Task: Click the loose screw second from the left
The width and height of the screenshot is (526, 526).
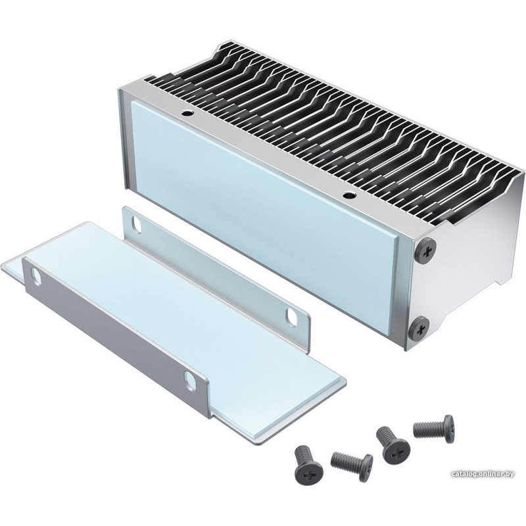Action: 352,464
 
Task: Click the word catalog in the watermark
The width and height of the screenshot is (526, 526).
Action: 466,474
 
